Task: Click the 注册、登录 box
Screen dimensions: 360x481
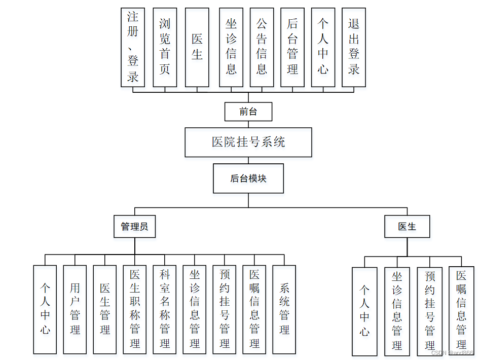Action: (x=133, y=47)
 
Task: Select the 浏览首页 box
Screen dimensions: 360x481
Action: (x=165, y=47)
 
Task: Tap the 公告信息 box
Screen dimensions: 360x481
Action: (x=262, y=47)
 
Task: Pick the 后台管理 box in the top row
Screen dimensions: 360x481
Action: (x=292, y=47)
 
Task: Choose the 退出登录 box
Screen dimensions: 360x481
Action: (x=354, y=47)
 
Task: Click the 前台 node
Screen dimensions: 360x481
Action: (x=248, y=112)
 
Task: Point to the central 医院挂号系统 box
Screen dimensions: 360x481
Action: (x=248, y=142)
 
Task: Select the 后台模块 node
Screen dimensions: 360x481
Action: (x=248, y=178)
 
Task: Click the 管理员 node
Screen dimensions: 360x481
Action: (x=135, y=227)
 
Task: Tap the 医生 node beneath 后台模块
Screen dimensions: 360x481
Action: (x=407, y=227)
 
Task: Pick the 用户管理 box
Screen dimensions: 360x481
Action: (x=75, y=309)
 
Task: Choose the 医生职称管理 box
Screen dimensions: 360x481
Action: (x=135, y=309)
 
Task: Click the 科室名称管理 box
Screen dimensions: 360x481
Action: (x=165, y=309)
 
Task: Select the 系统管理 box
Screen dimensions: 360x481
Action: (x=284, y=309)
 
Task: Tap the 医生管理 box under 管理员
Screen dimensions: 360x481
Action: (x=105, y=309)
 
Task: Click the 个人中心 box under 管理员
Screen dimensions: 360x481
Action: (x=45, y=309)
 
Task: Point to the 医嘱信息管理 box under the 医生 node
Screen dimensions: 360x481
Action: (x=461, y=310)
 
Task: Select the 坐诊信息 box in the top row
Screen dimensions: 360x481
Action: (x=231, y=47)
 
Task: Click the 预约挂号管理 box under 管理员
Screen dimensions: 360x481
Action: (x=225, y=309)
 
